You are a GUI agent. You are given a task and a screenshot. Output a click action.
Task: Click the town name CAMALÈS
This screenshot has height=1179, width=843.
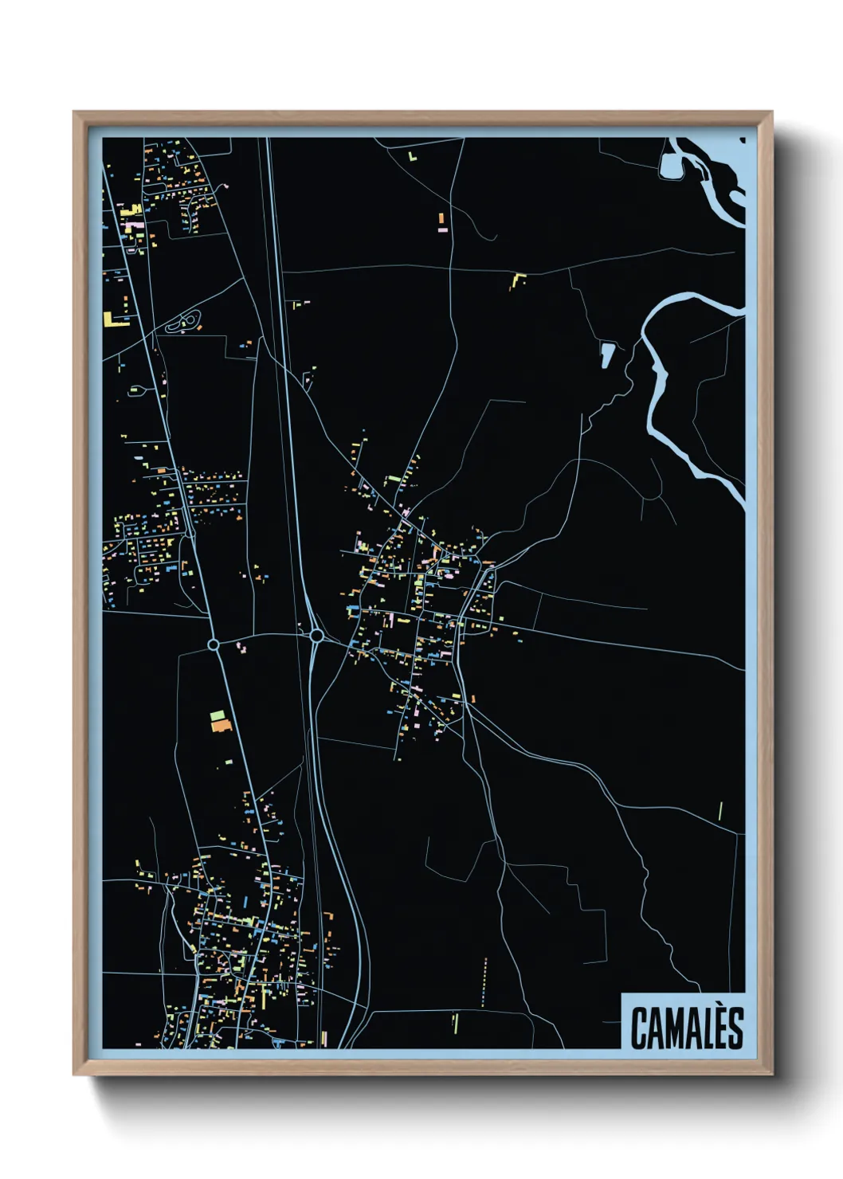[687, 1028]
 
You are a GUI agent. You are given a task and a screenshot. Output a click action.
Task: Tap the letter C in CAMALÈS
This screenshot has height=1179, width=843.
[639, 1028]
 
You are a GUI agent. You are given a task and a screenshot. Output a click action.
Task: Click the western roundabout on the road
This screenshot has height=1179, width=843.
[213, 644]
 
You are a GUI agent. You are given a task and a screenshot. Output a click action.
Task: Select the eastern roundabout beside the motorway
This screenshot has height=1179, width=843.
[316, 636]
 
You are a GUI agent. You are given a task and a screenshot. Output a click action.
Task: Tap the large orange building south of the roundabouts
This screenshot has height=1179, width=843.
[221, 726]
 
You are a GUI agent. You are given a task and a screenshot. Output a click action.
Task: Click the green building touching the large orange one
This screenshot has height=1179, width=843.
[217, 715]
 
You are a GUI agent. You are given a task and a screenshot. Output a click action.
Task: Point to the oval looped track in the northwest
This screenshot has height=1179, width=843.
[185, 322]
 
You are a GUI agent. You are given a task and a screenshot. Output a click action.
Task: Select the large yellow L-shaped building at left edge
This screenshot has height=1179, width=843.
[110, 320]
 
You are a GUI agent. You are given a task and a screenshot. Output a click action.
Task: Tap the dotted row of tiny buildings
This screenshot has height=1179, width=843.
[484, 981]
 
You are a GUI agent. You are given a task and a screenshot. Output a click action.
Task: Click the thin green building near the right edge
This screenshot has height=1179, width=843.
[720, 810]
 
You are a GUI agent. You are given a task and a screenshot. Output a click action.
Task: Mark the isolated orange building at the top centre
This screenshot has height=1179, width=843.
[441, 217]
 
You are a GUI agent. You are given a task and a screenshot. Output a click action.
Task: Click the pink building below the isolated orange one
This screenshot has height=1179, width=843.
[442, 229]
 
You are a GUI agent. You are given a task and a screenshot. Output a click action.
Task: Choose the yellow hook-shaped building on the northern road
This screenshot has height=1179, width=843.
[518, 280]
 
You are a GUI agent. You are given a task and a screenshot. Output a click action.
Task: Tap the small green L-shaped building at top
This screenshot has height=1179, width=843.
[412, 157]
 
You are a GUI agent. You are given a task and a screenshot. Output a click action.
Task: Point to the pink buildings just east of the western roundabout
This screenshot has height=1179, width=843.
[241, 647]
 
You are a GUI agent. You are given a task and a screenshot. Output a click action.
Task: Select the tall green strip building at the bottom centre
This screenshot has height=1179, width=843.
[455, 1022]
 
